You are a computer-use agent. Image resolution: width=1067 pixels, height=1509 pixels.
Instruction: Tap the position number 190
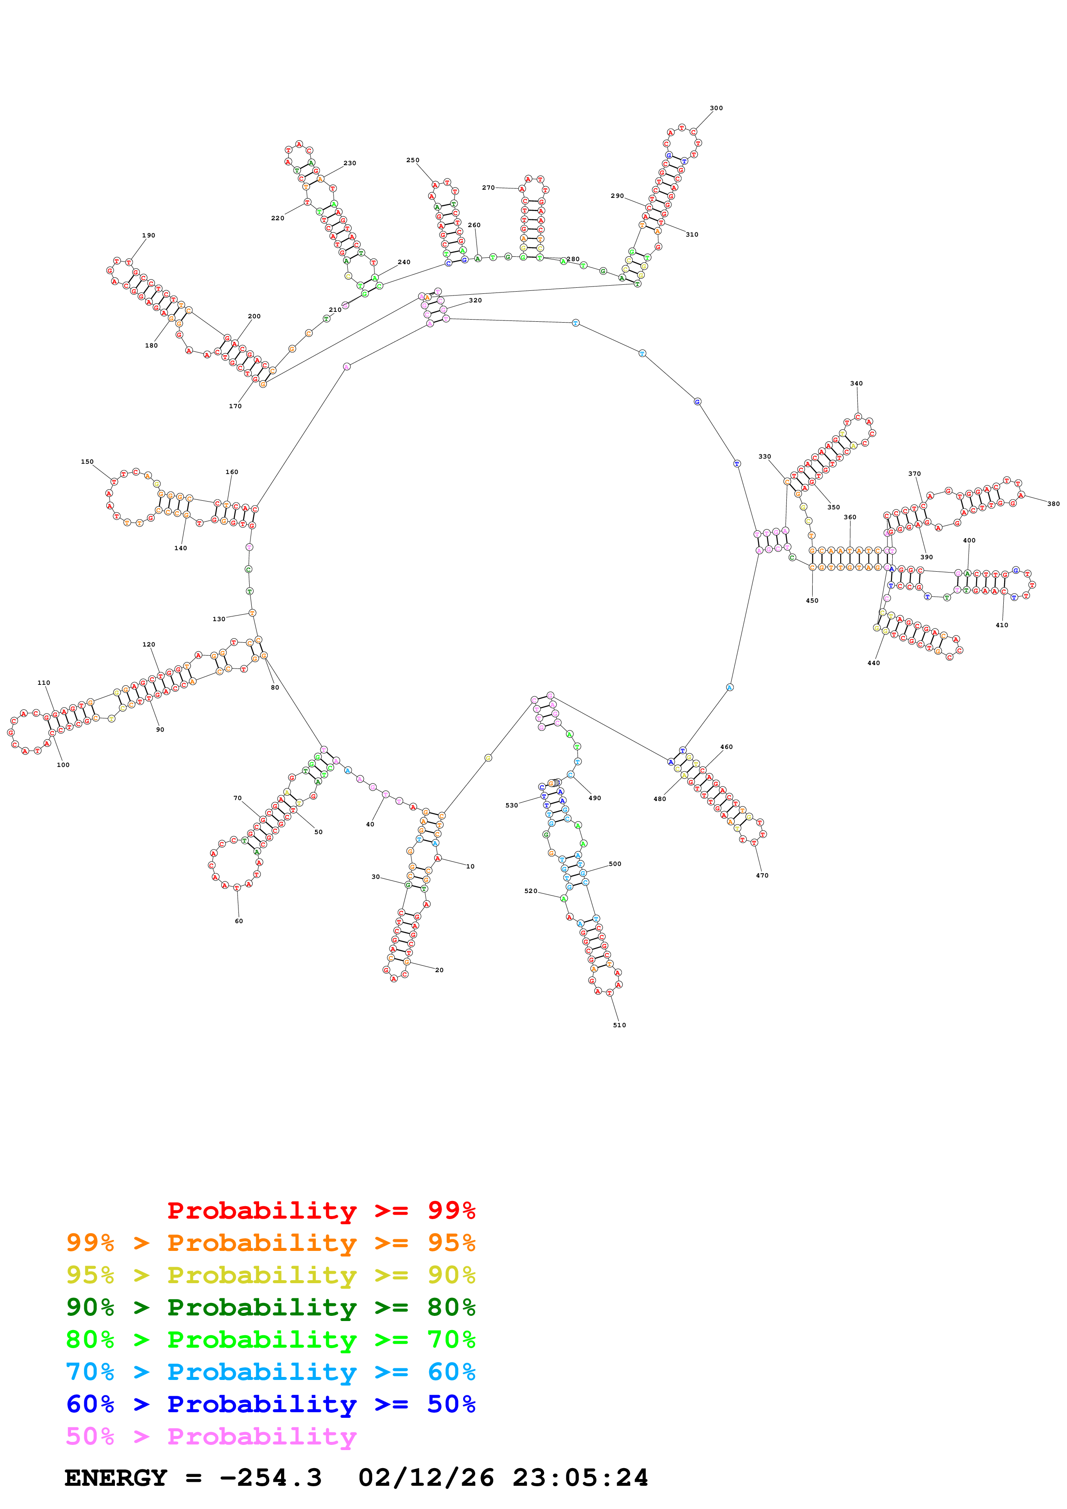[x=148, y=235]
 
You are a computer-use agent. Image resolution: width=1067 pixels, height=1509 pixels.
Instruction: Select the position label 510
[x=619, y=1025]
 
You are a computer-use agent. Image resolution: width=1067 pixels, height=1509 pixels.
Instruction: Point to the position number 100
[x=63, y=764]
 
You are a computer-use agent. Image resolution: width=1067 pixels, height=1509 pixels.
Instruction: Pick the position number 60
[x=238, y=921]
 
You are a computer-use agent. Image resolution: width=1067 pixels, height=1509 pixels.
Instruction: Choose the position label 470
[x=762, y=875]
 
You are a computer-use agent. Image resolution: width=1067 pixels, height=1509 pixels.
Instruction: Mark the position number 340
[x=856, y=383]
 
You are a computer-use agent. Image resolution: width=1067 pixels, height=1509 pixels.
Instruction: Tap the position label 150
[x=87, y=462]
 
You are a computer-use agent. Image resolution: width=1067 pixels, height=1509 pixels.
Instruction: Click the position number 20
[x=439, y=970]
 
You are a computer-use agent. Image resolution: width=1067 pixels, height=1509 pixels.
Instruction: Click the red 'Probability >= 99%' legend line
[x=321, y=1210]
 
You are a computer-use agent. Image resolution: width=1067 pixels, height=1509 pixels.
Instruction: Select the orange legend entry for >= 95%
[x=270, y=1243]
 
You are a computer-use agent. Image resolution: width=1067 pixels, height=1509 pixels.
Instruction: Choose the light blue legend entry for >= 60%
[x=270, y=1372]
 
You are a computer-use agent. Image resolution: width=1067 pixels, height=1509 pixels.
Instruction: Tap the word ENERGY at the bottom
[x=116, y=1478]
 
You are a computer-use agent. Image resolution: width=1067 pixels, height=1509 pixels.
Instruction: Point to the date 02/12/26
[x=426, y=1478]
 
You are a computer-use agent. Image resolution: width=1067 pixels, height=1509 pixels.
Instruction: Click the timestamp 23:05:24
[x=581, y=1478]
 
